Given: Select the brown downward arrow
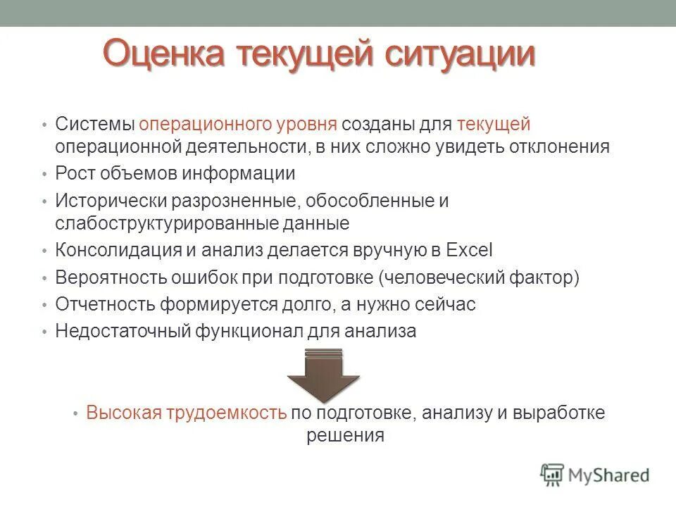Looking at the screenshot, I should pos(323,375).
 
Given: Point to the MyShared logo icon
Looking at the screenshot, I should pos(552,475).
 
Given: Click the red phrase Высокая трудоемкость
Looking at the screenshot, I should pos(186,413).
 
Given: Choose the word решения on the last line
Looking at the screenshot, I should pos(345,435).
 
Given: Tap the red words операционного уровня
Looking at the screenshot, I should pos(237,125).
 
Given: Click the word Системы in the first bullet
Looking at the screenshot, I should pos(95,125).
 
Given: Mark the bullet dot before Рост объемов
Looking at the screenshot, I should pos(44,174).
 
